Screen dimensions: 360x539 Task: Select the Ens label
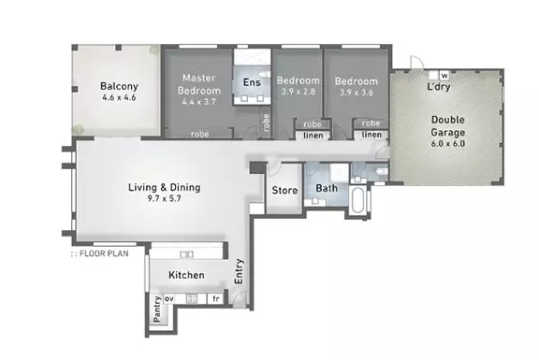point(252,83)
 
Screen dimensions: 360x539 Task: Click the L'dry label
point(438,88)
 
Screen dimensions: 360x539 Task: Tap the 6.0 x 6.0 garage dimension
point(447,144)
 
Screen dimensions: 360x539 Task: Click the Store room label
point(284,191)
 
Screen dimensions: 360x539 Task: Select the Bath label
point(326,189)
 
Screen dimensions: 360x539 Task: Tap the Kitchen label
point(186,276)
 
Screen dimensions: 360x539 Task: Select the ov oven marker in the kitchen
point(169,299)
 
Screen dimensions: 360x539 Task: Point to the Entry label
point(240,271)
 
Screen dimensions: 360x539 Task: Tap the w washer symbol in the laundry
point(444,75)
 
